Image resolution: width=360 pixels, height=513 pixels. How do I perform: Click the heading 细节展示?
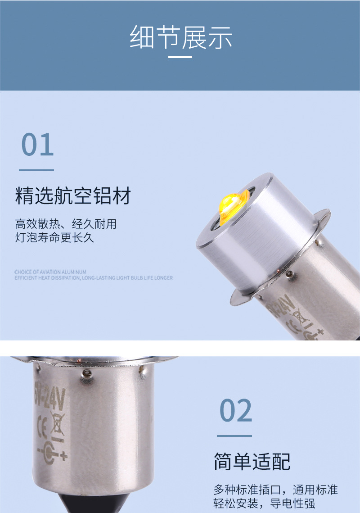(x=180, y=37)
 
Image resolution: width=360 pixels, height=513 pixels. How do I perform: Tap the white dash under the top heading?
(x=180, y=57)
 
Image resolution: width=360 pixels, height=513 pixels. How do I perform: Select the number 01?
(x=37, y=145)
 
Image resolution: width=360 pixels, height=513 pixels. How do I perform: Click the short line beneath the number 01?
(x=36, y=170)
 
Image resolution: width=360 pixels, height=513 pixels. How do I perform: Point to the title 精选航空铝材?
(x=73, y=196)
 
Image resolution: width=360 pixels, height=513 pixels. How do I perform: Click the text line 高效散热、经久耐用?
(x=66, y=224)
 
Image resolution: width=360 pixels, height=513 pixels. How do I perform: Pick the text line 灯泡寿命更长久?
(x=54, y=237)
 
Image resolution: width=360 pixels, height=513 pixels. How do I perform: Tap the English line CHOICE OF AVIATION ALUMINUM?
(x=50, y=272)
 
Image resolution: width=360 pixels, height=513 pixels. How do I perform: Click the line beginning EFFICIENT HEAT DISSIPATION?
(x=93, y=278)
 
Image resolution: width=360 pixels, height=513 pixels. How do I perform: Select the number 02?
(x=236, y=410)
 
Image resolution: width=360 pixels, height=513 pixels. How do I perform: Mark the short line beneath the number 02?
(x=234, y=436)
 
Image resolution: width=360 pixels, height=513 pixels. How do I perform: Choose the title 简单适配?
(x=252, y=462)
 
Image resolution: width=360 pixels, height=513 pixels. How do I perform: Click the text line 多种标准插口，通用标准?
(x=275, y=490)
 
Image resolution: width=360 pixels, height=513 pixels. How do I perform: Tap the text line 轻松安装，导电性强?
(x=264, y=503)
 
